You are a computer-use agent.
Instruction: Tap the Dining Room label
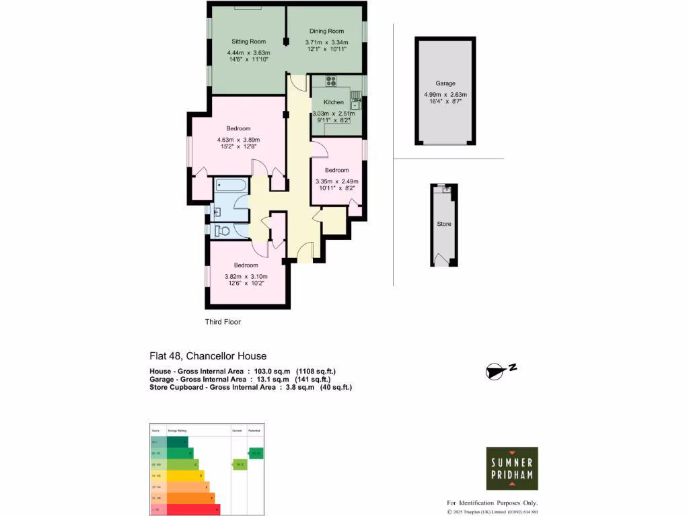(x=326, y=31)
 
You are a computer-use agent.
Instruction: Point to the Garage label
(x=445, y=83)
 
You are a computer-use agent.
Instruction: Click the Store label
(x=443, y=224)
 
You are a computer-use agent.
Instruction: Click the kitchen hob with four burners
(x=330, y=81)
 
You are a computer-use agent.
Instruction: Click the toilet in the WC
(x=223, y=230)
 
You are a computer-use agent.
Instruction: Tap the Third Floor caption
(x=223, y=322)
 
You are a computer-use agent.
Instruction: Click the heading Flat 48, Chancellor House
(x=207, y=356)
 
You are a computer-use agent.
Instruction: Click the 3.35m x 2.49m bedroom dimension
(x=336, y=181)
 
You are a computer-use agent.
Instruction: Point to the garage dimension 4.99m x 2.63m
(x=445, y=95)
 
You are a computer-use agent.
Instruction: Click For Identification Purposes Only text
(x=493, y=503)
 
